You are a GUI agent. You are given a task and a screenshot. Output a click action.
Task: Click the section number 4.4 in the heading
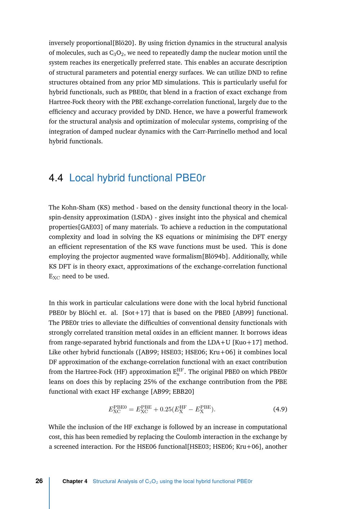[x=56, y=178]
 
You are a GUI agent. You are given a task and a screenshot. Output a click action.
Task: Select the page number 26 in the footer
[x=39, y=481]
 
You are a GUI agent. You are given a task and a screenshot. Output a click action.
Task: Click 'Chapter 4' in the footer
[x=75, y=481]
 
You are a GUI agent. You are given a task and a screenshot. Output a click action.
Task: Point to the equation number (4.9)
[x=280, y=409]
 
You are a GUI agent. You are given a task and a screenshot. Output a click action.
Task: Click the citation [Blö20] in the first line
[x=124, y=43]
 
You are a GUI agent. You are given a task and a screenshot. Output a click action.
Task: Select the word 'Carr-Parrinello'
[x=210, y=131]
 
